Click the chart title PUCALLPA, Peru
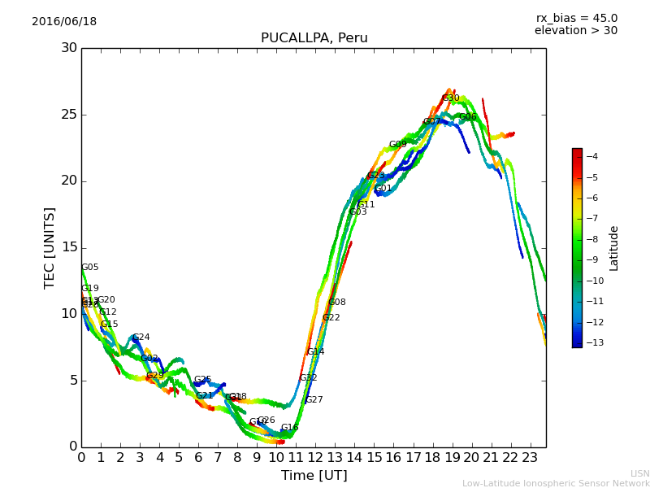(314, 38)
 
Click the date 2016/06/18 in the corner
(64, 22)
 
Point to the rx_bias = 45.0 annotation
(576, 18)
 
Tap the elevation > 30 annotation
(575, 31)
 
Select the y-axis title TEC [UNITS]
(50, 247)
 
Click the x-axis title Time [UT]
(314, 476)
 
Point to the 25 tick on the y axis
(69, 115)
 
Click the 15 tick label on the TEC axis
(69, 247)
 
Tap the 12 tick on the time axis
(315, 458)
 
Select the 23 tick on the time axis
(530, 458)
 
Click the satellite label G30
(450, 98)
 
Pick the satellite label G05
(89, 268)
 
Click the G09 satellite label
(397, 145)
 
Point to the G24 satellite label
(141, 338)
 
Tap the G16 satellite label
(289, 428)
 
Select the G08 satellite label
(336, 303)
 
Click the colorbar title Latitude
(614, 248)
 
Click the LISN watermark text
(639, 473)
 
